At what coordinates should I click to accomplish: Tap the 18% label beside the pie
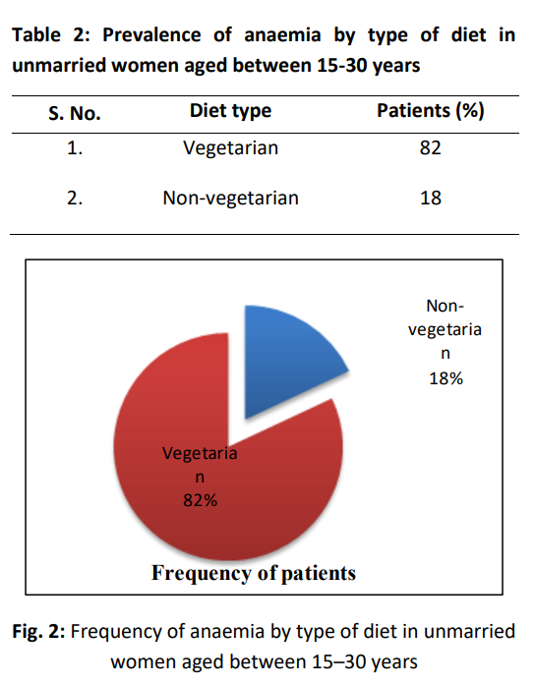(445, 378)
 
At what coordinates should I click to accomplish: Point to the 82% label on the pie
(200, 500)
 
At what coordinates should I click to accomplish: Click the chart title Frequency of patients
(254, 572)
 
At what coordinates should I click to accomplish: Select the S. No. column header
(75, 111)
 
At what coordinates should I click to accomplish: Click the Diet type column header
(230, 110)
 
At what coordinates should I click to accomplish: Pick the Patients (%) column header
(430, 110)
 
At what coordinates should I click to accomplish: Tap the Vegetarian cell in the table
(230, 149)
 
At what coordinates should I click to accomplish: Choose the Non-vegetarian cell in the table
(230, 198)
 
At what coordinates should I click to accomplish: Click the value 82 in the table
(429, 149)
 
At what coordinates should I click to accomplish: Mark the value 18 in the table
(429, 198)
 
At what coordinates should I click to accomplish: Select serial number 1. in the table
(75, 149)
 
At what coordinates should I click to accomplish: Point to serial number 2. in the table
(75, 198)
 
